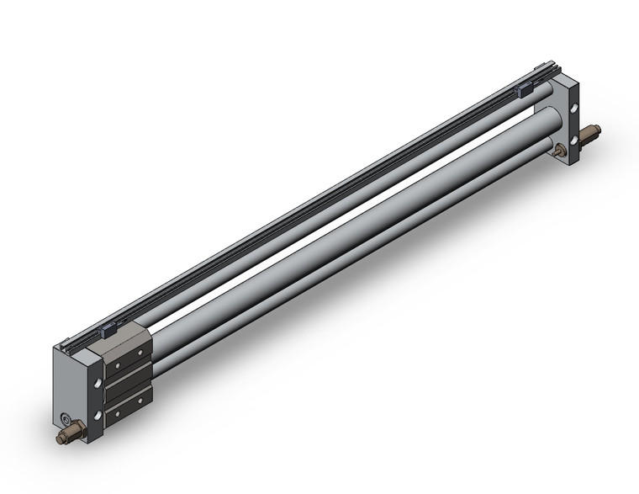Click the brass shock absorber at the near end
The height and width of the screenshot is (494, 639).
[70, 435]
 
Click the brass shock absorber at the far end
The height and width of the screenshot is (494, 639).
[589, 134]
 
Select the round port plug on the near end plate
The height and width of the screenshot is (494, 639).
[67, 419]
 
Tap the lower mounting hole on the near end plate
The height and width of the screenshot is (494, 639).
[99, 417]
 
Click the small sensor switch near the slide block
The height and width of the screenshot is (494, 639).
[108, 331]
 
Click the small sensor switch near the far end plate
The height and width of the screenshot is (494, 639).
[523, 88]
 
